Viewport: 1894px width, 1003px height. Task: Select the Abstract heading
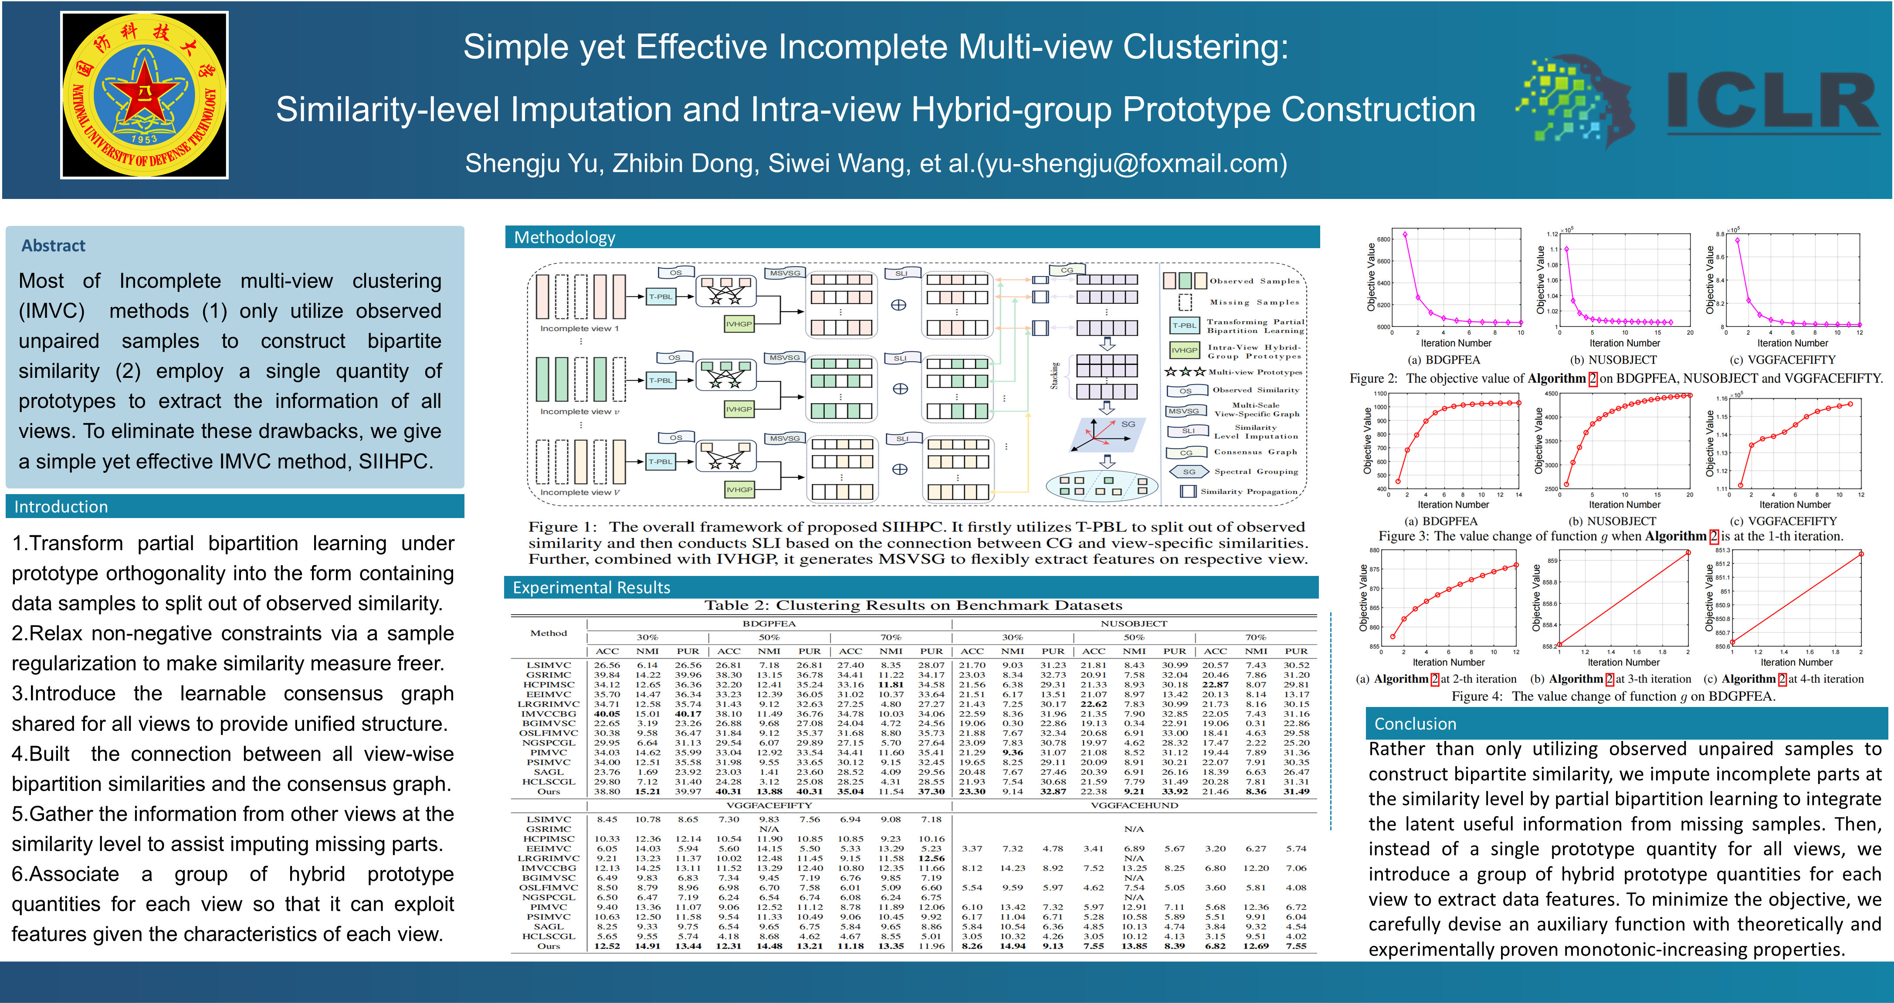point(53,246)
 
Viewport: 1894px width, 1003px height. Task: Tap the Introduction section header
point(61,506)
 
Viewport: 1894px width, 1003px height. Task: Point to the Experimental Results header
point(591,587)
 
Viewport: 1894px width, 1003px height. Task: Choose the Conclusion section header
point(1415,724)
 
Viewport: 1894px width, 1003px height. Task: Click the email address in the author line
point(1132,163)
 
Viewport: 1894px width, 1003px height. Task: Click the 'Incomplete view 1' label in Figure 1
point(579,328)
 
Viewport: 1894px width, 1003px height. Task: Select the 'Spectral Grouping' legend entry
point(1256,472)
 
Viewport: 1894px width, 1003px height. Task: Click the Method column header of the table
point(549,633)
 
